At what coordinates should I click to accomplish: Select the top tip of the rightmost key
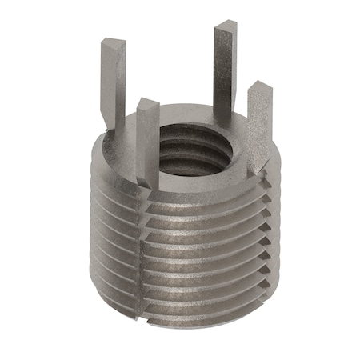(258, 86)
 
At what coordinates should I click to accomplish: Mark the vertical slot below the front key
(144, 256)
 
